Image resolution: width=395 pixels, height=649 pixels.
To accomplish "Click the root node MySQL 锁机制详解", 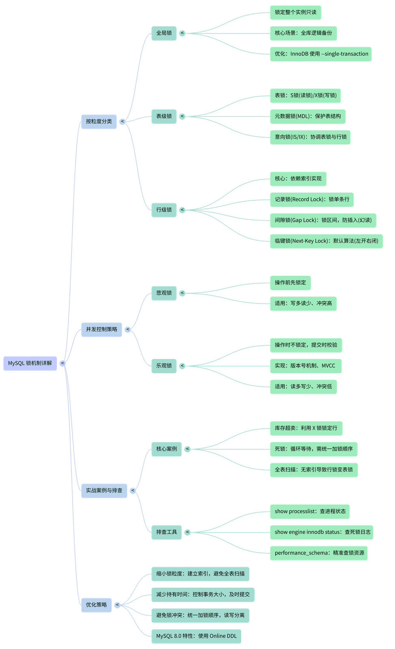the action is (30, 363).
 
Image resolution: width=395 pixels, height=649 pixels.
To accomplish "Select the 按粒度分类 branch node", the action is (99, 122).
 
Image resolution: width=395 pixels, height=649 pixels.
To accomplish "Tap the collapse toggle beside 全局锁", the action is (182, 33).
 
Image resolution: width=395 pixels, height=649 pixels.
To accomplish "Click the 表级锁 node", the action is (164, 116).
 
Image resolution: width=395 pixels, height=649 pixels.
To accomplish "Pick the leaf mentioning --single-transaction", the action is (321, 54).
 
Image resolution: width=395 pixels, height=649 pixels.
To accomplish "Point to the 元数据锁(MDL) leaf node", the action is (308, 116).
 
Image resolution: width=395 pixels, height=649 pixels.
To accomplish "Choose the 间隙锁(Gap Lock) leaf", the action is (323, 221).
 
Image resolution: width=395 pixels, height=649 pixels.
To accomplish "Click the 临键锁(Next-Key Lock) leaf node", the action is (326, 241).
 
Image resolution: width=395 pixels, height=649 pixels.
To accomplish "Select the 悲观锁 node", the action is (164, 293).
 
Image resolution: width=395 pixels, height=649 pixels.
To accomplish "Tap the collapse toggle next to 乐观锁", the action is (182, 366).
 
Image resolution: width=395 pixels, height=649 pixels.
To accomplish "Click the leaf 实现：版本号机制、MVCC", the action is (306, 366).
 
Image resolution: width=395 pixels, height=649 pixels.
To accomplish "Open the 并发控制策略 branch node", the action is (101, 330).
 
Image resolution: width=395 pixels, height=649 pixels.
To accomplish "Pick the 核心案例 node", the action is (166, 449).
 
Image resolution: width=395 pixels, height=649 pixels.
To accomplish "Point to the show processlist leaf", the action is (310, 511).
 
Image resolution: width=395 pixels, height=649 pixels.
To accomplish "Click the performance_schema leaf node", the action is (319, 553).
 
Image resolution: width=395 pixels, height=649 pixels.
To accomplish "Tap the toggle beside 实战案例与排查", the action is (133, 490).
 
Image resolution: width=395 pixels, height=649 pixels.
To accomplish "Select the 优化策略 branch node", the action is (96, 605).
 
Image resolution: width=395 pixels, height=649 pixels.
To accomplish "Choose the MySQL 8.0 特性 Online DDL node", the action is (196, 636).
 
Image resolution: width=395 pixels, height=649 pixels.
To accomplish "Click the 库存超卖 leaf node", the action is (306, 428).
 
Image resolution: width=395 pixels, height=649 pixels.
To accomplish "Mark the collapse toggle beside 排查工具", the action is (187, 532).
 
